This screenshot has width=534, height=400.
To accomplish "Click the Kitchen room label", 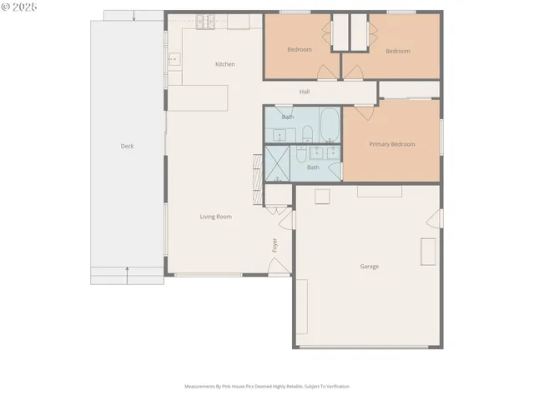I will click(x=225, y=64).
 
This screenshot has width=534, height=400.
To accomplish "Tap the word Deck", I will click(x=127, y=146).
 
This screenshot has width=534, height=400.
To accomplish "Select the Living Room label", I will click(x=215, y=217).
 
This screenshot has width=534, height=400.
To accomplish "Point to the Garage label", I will click(x=370, y=267).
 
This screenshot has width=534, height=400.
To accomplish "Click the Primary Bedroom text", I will click(x=392, y=144).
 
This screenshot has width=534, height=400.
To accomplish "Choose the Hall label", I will click(x=305, y=92).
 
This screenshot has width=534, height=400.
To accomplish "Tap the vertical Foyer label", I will click(x=275, y=245).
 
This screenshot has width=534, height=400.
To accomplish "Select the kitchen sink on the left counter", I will click(x=174, y=59).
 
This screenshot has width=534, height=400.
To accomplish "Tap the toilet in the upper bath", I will click(x=306, y=132).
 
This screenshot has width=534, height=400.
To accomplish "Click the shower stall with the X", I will click(x=276, y=163).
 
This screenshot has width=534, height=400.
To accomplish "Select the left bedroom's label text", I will click(x=300, y=50).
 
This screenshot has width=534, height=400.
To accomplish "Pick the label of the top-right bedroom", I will click(x=398, y=51).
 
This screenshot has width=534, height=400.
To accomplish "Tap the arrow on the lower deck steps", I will click(x=127, y=269).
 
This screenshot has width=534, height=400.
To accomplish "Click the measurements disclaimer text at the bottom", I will click(x=267, y=387).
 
